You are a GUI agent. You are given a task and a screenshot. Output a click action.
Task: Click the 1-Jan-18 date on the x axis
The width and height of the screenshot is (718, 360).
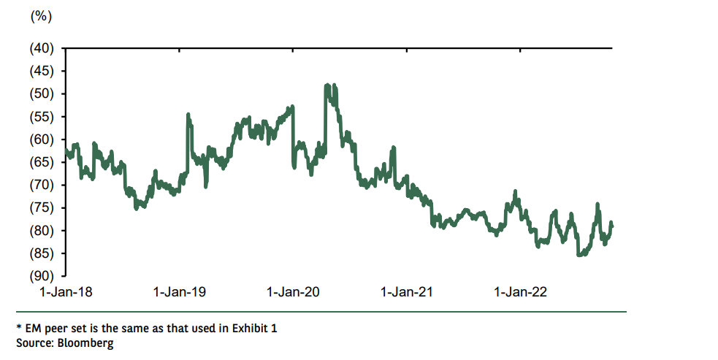[65, 292]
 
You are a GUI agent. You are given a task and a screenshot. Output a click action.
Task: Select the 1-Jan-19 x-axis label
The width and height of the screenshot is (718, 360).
[180, 292]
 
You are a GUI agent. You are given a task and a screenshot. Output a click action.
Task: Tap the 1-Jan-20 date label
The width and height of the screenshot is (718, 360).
[294, 292]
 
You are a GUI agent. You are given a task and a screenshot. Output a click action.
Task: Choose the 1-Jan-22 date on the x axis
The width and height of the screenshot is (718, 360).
[521, 292]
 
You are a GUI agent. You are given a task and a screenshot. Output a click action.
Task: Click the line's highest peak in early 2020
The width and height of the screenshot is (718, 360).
[326, 85]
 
